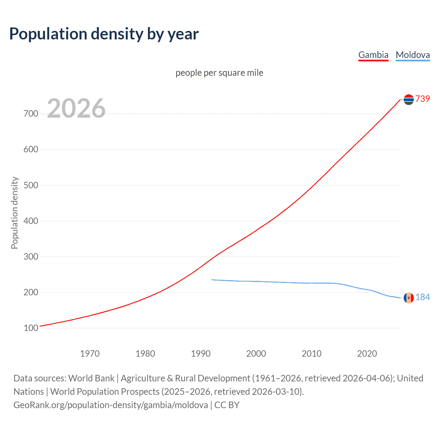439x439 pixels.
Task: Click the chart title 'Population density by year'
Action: [104, 34]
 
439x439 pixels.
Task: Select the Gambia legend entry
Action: [373, 55]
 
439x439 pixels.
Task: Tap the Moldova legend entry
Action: [413, 55]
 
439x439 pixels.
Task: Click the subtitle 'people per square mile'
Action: [219, 73]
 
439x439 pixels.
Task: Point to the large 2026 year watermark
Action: [76, 108]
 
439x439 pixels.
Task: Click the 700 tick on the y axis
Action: [31, 114]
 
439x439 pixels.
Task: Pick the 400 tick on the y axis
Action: [31, 221]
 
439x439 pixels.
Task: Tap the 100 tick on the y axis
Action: [31, 328]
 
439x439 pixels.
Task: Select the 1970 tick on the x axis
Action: [90, 354]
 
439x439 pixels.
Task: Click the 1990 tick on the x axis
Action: [201, 354]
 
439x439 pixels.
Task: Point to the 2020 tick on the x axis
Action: [367, 354]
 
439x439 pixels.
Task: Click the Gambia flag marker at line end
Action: [408, 99]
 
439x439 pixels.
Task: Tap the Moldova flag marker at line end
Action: [408, 298]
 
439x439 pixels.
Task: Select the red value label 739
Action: [423, 99]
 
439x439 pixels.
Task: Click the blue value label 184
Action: [423, 297]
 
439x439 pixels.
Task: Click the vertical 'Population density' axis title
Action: [14, 213]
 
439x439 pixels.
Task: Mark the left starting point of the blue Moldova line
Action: [212, 280]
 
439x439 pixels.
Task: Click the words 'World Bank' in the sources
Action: [91, 378]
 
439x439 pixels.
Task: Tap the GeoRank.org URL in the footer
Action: [110, 405]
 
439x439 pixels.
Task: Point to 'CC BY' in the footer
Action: [227, 405]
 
